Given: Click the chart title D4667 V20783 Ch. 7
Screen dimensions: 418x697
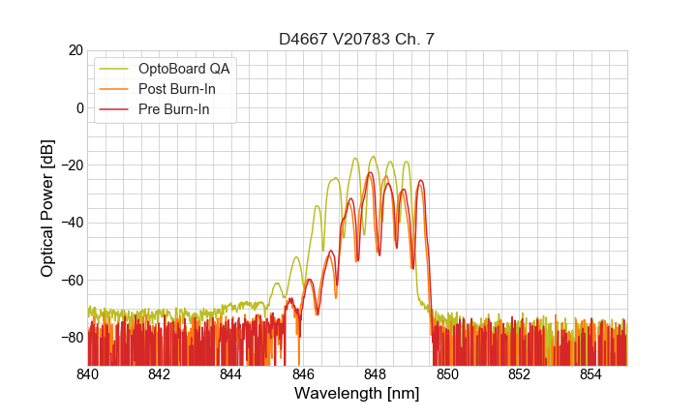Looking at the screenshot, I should point(357,39).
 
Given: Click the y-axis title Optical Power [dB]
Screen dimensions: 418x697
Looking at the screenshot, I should point(47,208).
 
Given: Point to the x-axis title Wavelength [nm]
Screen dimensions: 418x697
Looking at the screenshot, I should point(357,395).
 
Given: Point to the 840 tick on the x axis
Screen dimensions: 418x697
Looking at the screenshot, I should point(88,374).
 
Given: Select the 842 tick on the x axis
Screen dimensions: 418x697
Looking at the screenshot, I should point(160,374).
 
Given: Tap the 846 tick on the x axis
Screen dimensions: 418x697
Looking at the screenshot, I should point(303,374).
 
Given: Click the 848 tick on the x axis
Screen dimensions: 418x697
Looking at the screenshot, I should point(376,374).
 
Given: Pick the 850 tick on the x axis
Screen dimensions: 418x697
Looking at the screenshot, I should point(447,374).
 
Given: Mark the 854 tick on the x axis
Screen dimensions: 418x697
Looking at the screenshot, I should point(591,374).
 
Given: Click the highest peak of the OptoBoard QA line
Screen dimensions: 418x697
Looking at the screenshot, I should point(373,157).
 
